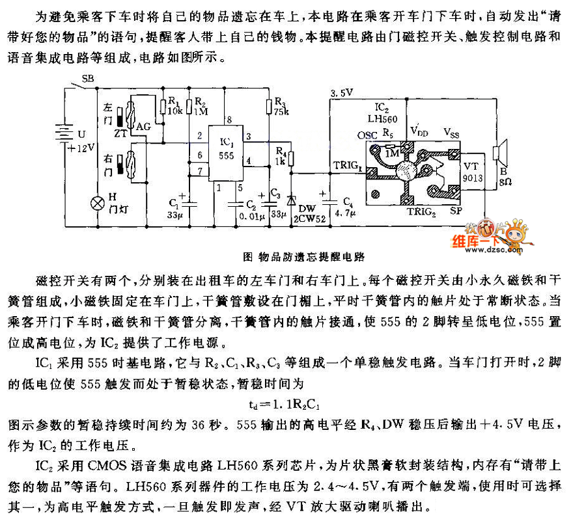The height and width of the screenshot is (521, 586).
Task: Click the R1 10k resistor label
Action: coord(174,106)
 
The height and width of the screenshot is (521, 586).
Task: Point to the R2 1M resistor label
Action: coord(201,106)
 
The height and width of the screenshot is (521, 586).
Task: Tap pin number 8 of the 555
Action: coord(228,119)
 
